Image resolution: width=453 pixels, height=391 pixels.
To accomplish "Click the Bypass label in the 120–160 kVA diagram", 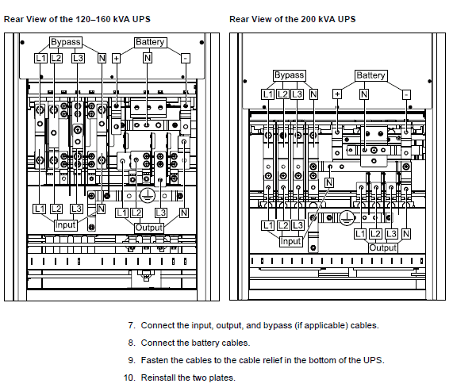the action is tap(66, 42).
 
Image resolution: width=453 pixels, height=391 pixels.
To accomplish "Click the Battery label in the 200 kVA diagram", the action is tap(371, 75).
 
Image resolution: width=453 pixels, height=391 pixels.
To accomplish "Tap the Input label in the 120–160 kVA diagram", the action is tap(65, 224).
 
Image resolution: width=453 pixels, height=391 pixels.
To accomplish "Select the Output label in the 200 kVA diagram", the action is tap(383, 247).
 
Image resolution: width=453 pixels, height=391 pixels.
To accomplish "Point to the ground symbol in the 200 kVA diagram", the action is tap(347, 218).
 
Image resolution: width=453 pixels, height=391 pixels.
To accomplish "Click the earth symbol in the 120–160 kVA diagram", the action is tap(148, 195).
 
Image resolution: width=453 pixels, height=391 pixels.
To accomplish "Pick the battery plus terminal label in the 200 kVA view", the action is tap(337, 94).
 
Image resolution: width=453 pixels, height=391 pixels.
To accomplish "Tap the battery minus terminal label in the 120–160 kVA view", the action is tap(186, 59).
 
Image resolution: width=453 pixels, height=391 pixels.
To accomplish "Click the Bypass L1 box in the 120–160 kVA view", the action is tap(40, 59).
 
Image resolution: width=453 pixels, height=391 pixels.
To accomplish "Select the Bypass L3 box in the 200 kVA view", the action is tap(297, 94).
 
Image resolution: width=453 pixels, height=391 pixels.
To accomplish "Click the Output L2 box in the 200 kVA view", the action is tap(375, 234).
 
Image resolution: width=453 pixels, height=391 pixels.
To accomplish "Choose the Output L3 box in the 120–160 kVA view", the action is tap(160, 213).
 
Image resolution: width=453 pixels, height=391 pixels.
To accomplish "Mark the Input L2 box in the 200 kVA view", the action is tap(283, 225).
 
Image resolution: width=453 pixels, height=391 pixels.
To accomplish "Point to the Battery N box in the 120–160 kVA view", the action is tap(148, 59).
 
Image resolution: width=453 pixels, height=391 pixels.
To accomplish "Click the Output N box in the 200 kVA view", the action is tap(406, 234).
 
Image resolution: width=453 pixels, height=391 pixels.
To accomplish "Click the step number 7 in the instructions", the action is tap(132, 325).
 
